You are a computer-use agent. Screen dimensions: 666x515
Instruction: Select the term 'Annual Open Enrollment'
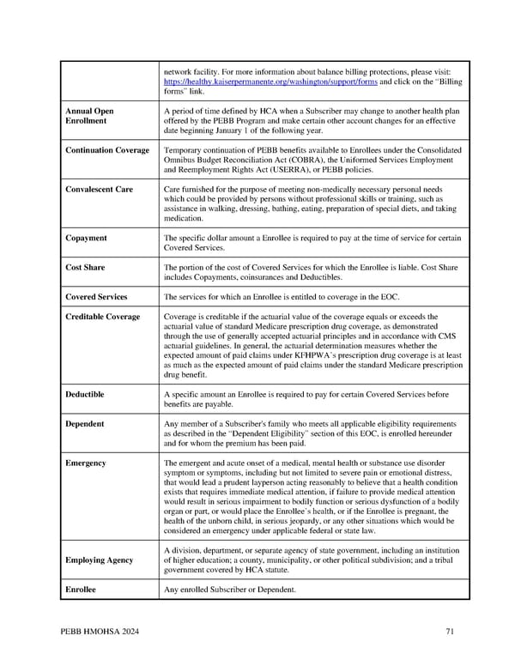click(x=89, y=116)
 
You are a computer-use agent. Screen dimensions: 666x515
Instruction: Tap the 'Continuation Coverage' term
click(x=107, y=150)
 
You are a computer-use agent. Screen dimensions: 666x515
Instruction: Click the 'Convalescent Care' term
click(x=99, y=189)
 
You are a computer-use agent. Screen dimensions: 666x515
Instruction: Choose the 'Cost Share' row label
click(x=86, y=268)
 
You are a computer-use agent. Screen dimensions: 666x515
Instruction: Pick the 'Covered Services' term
click(x=96, y=297)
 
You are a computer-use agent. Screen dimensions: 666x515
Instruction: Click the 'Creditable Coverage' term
click(x=102, y=317)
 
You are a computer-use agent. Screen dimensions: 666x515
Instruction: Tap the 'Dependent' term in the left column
click(x=85, y=423)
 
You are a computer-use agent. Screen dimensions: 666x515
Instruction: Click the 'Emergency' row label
click(x=86, y=463)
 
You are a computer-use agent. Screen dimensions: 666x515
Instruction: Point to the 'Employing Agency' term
click(x=99, y=560)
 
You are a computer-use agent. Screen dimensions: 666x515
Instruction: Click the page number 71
click(x=450, y=633)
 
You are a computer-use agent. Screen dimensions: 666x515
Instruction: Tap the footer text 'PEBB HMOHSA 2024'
click(x=100, y=633)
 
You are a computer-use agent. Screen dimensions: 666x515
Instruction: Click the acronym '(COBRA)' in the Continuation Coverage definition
click(x=309, y=160)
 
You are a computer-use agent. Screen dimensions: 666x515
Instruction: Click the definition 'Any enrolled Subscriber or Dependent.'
click(x=229, y=590)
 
